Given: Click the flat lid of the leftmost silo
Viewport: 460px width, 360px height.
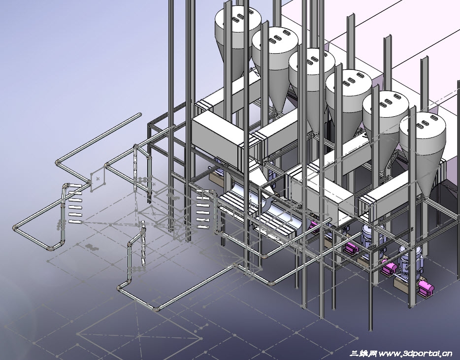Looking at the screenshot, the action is click(238, 18).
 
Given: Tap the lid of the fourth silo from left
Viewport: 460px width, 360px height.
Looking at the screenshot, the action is click(349, 82).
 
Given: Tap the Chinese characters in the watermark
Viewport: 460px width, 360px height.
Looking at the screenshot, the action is click(363, 353).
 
